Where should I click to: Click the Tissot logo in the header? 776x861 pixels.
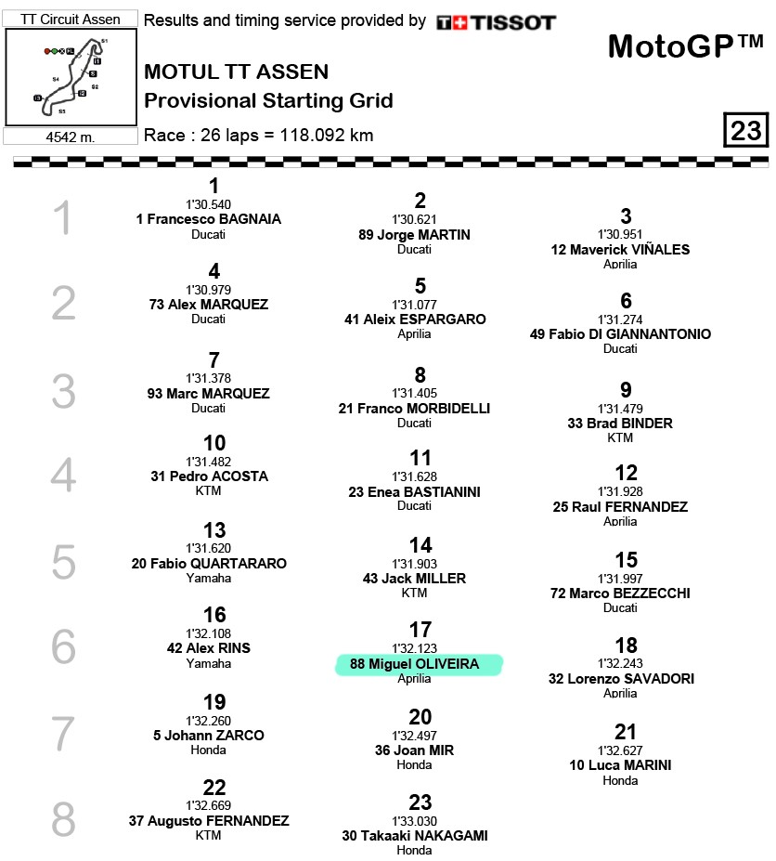pyautogui.click(x=496, y=22)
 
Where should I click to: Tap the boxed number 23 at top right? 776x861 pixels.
pyautogui.click(x=745, y=131)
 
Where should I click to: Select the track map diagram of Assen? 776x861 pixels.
pyautogui.click(x=71, y=77)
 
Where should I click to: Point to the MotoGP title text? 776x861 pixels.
pyautogui.click(x=685, y=46)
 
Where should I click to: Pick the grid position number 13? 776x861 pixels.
pyautogui.click(x=214, y=530)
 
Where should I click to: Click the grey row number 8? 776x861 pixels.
pyautogui.click(x=63, y=820)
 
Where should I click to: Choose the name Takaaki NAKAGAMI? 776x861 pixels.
pyautogui.click(x=415, y=835)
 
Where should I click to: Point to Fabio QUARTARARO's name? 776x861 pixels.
pyautogui.click(x=209, y=564)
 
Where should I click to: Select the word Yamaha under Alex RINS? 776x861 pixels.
pyautogui.click(x=209, y=663)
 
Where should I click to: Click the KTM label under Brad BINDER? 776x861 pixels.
pyautogui.click(x=620, y=437)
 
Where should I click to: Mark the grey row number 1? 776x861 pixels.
pyautogui.click(x=62, y=219)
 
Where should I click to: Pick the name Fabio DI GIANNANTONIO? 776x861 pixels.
pyautogui.click(x=620, y=334)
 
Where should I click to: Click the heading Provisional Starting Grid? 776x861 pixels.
pyautogui.click(x=268, y=101)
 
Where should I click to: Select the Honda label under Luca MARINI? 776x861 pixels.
pyautogui.click(x=620, y=780)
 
